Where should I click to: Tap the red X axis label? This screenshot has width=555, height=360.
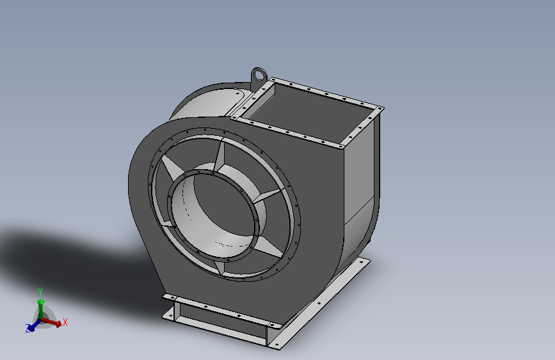65,322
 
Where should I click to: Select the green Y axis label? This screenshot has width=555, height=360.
40,292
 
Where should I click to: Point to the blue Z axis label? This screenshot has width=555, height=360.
28,328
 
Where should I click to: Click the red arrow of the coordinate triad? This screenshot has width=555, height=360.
52,322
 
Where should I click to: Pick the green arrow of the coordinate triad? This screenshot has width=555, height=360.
41,309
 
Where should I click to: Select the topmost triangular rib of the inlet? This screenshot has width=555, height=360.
220,155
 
